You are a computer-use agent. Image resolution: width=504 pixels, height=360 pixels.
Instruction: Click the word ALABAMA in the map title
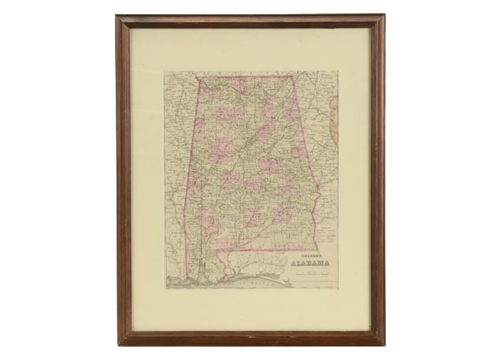pos(311,263)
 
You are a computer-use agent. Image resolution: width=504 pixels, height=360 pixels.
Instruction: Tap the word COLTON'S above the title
pos(309,254)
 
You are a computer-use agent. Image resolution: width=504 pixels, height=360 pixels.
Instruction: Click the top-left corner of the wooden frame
pos(117,16)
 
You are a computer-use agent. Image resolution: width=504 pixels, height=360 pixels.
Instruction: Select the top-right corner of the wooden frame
pos(384,16)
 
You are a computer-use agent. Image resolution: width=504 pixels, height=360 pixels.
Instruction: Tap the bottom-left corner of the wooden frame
pos(119,344)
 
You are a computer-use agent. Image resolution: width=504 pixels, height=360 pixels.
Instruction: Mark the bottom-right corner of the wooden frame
pos(384,344)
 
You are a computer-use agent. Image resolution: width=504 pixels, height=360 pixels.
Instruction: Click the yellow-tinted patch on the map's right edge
pos(334,118)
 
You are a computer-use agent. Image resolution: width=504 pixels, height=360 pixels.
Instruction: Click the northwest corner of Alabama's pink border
pos(197,77)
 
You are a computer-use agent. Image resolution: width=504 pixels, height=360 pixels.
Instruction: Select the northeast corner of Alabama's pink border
pos(295,77)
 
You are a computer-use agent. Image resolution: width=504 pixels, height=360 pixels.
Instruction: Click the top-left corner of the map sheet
pos(165,72)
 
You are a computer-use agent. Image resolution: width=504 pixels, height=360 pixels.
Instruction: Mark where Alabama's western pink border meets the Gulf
pos(187,276)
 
